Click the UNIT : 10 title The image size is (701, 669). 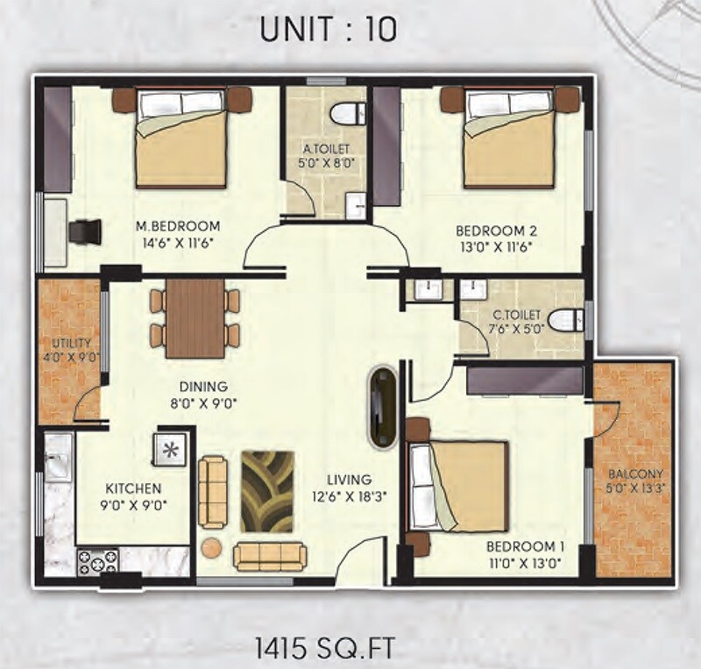[x=328, y=29]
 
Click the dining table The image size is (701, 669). [x=195, y=318]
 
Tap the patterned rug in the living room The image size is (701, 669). [x=270, y=492]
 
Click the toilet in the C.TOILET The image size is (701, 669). [x=563, y=319]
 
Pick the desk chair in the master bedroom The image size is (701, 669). [x=86, y=233]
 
